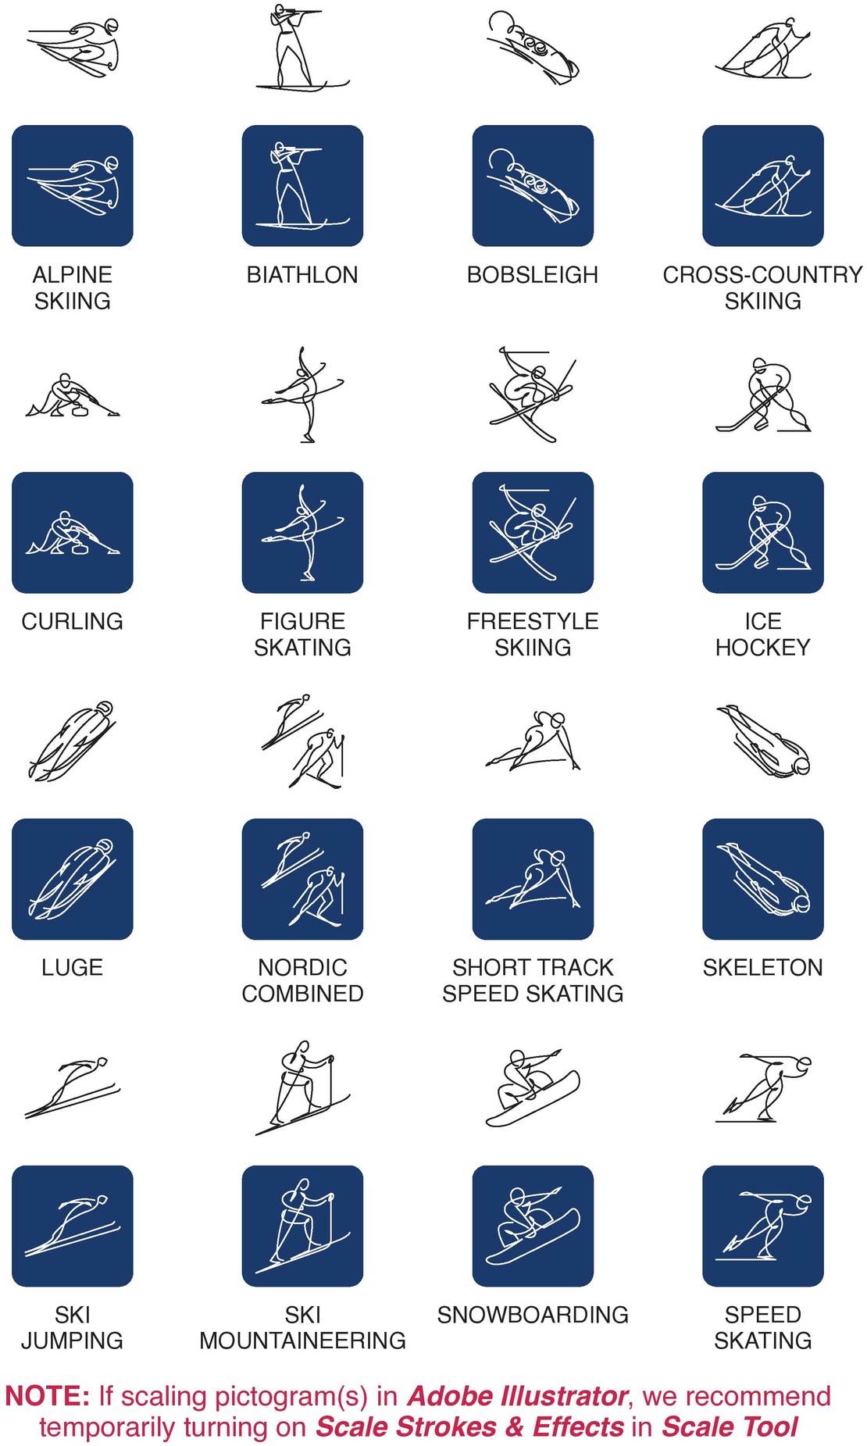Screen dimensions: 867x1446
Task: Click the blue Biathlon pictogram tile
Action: [302, 186]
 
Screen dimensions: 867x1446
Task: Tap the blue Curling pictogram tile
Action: [73, 533]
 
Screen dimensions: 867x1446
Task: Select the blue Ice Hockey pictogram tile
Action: [763, 533]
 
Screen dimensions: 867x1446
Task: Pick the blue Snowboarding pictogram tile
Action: [533, 1226]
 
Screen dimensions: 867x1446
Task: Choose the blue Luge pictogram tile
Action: [73, 879]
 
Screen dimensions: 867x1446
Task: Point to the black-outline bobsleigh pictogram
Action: [533, 47]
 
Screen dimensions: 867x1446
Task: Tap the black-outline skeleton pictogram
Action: [763, 741]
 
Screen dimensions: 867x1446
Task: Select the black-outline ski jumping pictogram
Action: [73, 1087]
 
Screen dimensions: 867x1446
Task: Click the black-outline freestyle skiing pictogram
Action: [533, 395]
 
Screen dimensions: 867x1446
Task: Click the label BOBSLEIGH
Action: [533, 275]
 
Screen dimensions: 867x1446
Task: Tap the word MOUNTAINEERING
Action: [302, 1341]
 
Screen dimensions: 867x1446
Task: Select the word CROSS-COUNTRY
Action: [763, 275]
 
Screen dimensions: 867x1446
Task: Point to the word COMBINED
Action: [302, 994]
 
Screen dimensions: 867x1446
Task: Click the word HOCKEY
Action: [763, 648]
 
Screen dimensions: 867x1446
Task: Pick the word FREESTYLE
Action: [533, 621]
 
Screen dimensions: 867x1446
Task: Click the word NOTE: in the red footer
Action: [48, 1396]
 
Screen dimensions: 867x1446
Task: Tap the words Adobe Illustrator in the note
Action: [518, 1396]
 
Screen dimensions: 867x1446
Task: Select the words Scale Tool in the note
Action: [730, 1426]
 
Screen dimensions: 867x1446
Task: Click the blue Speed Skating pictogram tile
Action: [763, 1226]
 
